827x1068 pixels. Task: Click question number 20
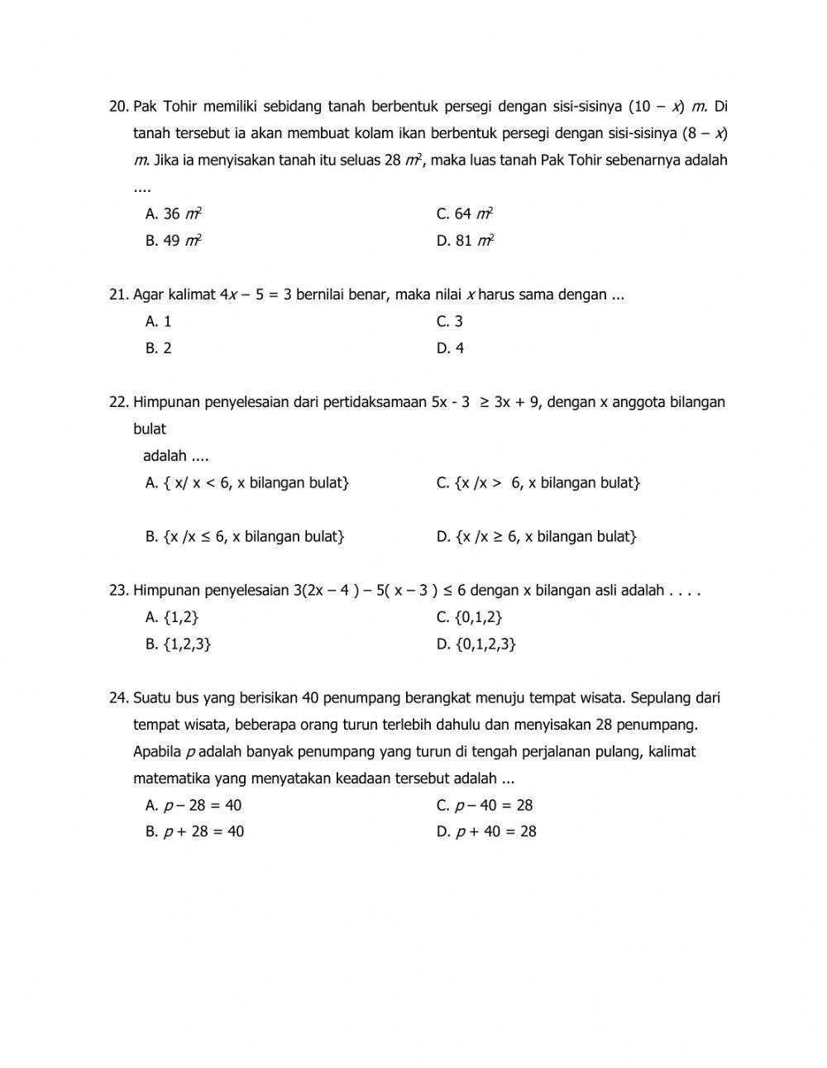click(x=119, y=107)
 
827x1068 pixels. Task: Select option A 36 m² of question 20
click(x=174, y=214)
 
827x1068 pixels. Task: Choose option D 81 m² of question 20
click(x=466, y=241)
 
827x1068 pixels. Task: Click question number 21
click(x=119, y=295)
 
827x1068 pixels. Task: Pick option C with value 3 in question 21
click(x=450, y=322)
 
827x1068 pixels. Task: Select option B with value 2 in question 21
click(x=159, y=348)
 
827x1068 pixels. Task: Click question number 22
click(x=119, y=402)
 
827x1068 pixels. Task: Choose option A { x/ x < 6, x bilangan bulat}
click(x=247, y=483)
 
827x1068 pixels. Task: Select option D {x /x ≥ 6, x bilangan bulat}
click(x=537, y=537)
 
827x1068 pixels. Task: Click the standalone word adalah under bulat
click(x=165, y=456)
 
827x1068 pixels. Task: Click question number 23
click(x=119, y=591)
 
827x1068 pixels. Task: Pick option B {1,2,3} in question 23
click(x=179, y=644)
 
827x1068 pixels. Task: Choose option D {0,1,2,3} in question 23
click(x=476, y=644)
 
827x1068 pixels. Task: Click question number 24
click(x=119, y=698)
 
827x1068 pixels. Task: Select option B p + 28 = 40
click(x=195, y=832)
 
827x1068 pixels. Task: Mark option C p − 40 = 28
click(x=485, y=806)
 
